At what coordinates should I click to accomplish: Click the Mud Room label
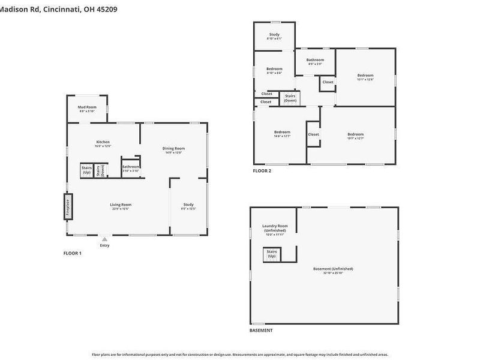coord(87,109)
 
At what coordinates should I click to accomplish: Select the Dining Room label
coord(173,149)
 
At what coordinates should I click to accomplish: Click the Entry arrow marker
coord(104,239)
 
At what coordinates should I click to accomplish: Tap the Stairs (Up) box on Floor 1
coord(86,169)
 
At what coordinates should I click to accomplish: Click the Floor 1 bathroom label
coord(131,168)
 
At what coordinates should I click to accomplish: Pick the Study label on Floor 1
coord(189,206)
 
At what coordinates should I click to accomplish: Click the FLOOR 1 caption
coord(73,253)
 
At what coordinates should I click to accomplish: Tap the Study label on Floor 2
coord(274,36)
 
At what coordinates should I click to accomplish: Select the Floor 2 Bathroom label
coord(315,61)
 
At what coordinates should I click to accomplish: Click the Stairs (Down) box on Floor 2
coord(290,98)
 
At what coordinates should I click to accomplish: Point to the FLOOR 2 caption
coord(262,171)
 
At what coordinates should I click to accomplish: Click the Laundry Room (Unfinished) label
coord(274,229)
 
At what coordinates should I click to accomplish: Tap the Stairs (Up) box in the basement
coord(272,254)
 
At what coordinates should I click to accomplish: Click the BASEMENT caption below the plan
coord(261,331)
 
